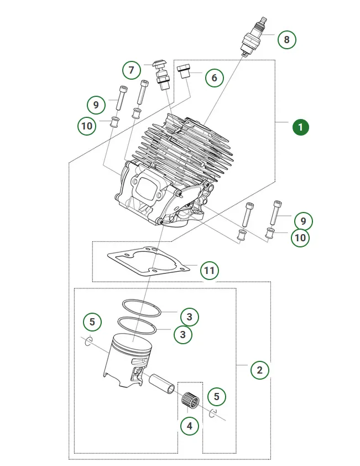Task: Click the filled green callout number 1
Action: point(300,127)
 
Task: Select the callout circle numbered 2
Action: point(259,370)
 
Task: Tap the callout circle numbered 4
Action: point(190,426)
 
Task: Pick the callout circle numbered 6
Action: point(214,78)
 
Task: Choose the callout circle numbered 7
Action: point(132,70)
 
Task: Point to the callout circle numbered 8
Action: point(286,39)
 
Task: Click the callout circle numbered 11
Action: point(210,271)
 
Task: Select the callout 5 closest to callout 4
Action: point(217,396)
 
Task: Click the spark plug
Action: point(253,37)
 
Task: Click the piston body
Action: point(128,360)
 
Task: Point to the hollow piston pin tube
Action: point(162,384)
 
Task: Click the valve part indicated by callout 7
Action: point(161,75)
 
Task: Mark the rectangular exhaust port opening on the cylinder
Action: point(147,187)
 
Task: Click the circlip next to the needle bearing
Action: point(213,413)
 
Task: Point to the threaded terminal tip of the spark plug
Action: point(263,21)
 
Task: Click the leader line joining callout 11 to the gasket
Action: point(191,265)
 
